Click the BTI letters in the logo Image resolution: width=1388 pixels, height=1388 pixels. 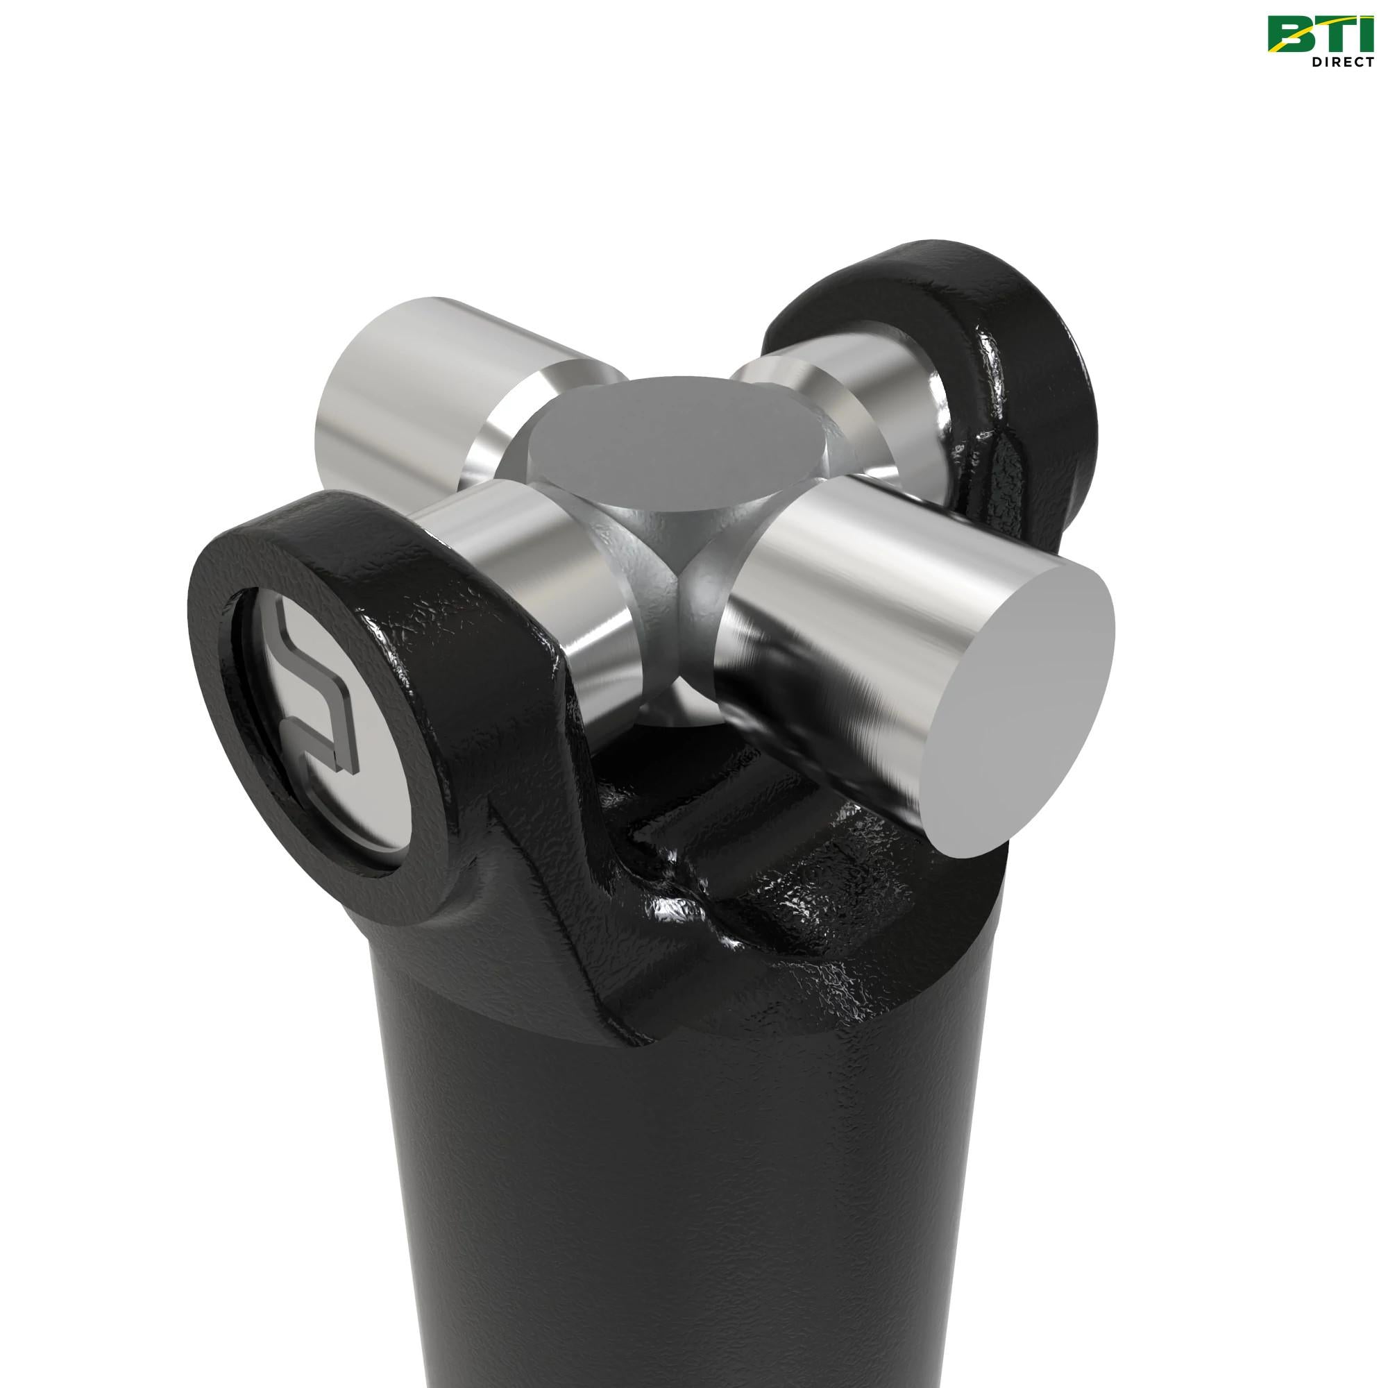(x=1321, y=36)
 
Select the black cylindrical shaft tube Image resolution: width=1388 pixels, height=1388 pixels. (x=682, y=1185)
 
